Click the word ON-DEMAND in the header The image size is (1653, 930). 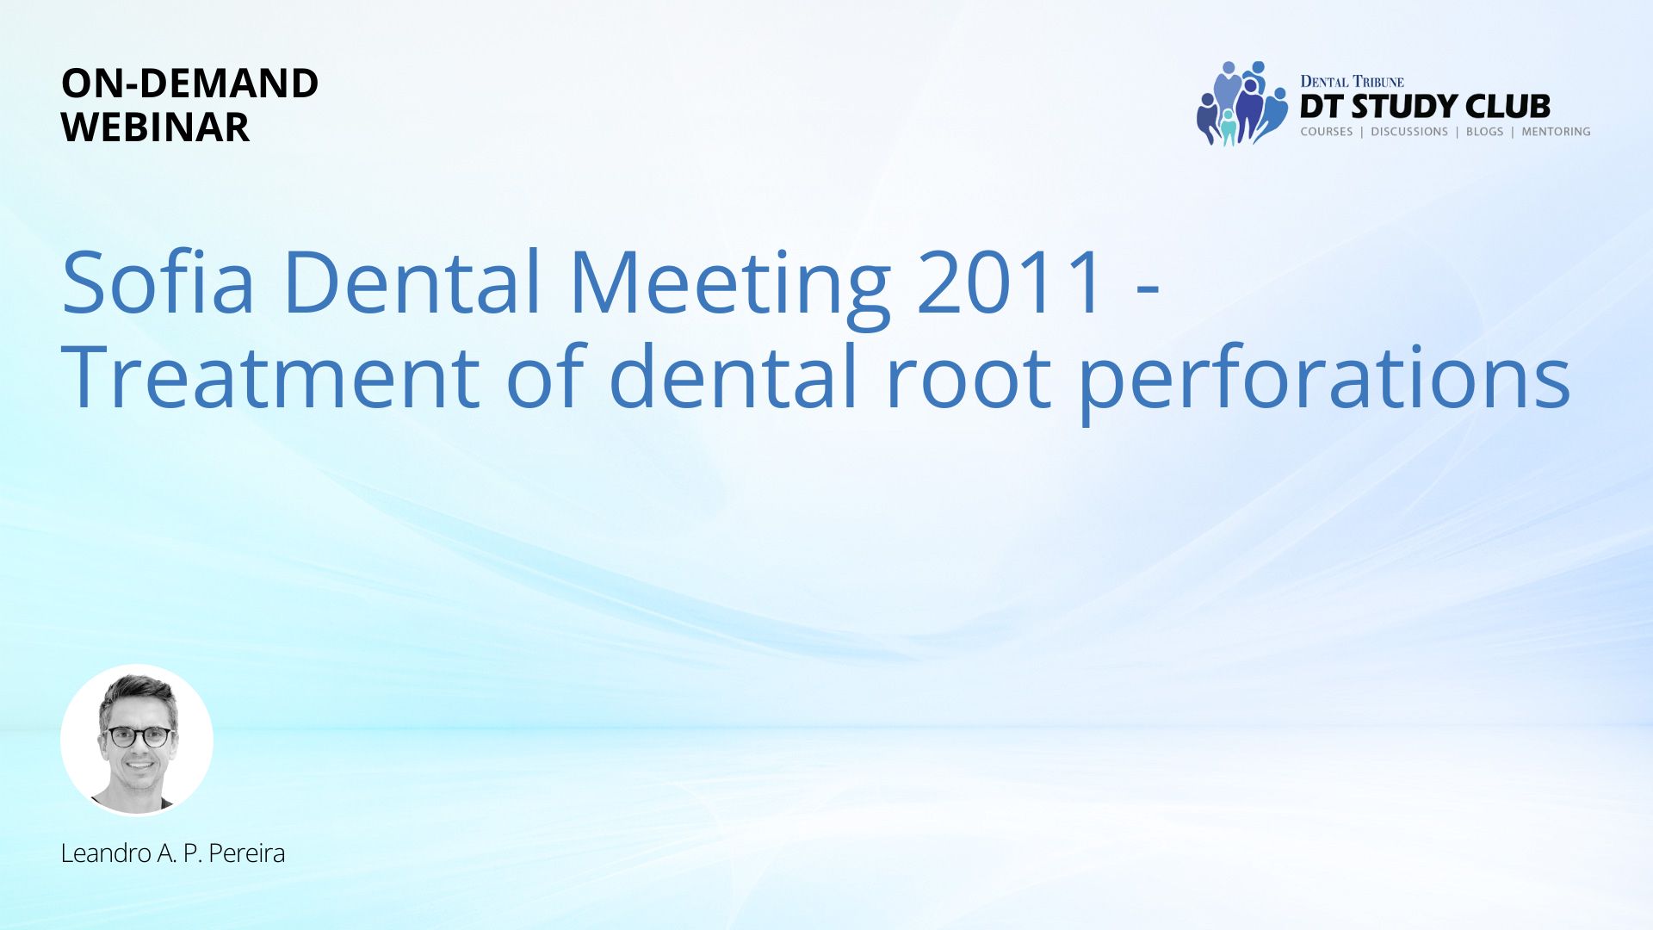click(x=190, y=84)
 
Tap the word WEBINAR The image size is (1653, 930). click(x=156, y=127)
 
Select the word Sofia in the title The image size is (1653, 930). click(x=158, y=282)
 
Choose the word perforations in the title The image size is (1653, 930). click(x=1324, y=380)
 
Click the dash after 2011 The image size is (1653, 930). click(x=1148, y=294)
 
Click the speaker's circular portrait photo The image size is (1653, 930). click(x=137, y=740)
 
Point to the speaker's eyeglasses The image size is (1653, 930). click(x=138, y=736)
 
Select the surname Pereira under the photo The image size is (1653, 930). click(x=246, y=853)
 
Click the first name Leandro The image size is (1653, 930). click(x=106, y=853)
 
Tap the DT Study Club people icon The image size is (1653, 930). click(x=1241, y=103)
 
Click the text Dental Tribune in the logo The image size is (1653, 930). click(x=1352, y=82)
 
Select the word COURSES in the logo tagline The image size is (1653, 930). click(x=1327, y=132)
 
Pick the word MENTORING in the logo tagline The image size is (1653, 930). click(x=1556, y=132)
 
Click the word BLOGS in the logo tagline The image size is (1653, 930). click(x=1484, y=132)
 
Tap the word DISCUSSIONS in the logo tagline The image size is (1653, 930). click(x=1409, y=132)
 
